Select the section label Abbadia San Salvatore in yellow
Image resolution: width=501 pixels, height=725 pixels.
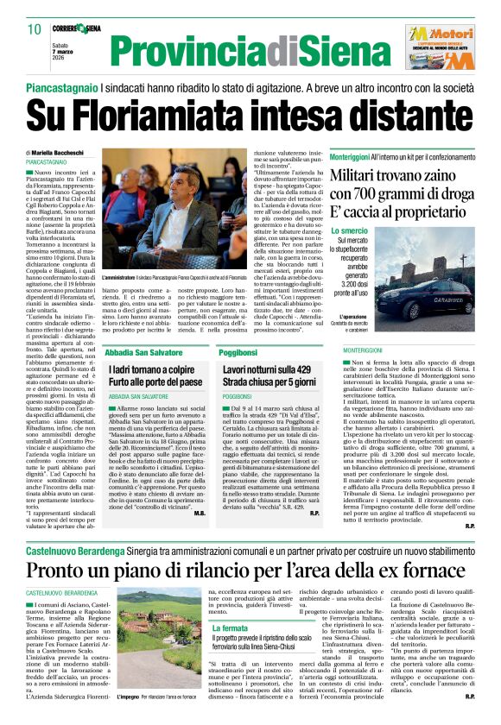coord(141,354)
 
